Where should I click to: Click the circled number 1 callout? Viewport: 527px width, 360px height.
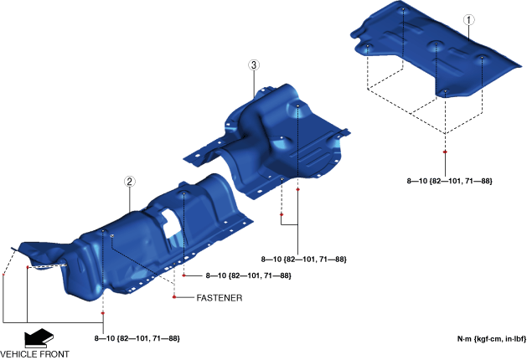coord(469,20)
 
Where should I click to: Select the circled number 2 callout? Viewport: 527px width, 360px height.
coord(130,182)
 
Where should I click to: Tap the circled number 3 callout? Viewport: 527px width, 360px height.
coord(254,64)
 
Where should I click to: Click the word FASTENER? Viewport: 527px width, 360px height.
coord(220,298)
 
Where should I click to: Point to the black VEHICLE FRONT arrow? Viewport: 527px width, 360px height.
coord(39,338)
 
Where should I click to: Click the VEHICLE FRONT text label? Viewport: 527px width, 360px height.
coord(34,354)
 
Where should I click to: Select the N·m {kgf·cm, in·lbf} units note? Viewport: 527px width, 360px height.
coord(491,339)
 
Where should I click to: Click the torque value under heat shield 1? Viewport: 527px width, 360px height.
coord(449,181)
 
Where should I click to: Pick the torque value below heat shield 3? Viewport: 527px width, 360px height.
coord(304,260)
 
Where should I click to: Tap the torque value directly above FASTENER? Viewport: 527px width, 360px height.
coord(248,275)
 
